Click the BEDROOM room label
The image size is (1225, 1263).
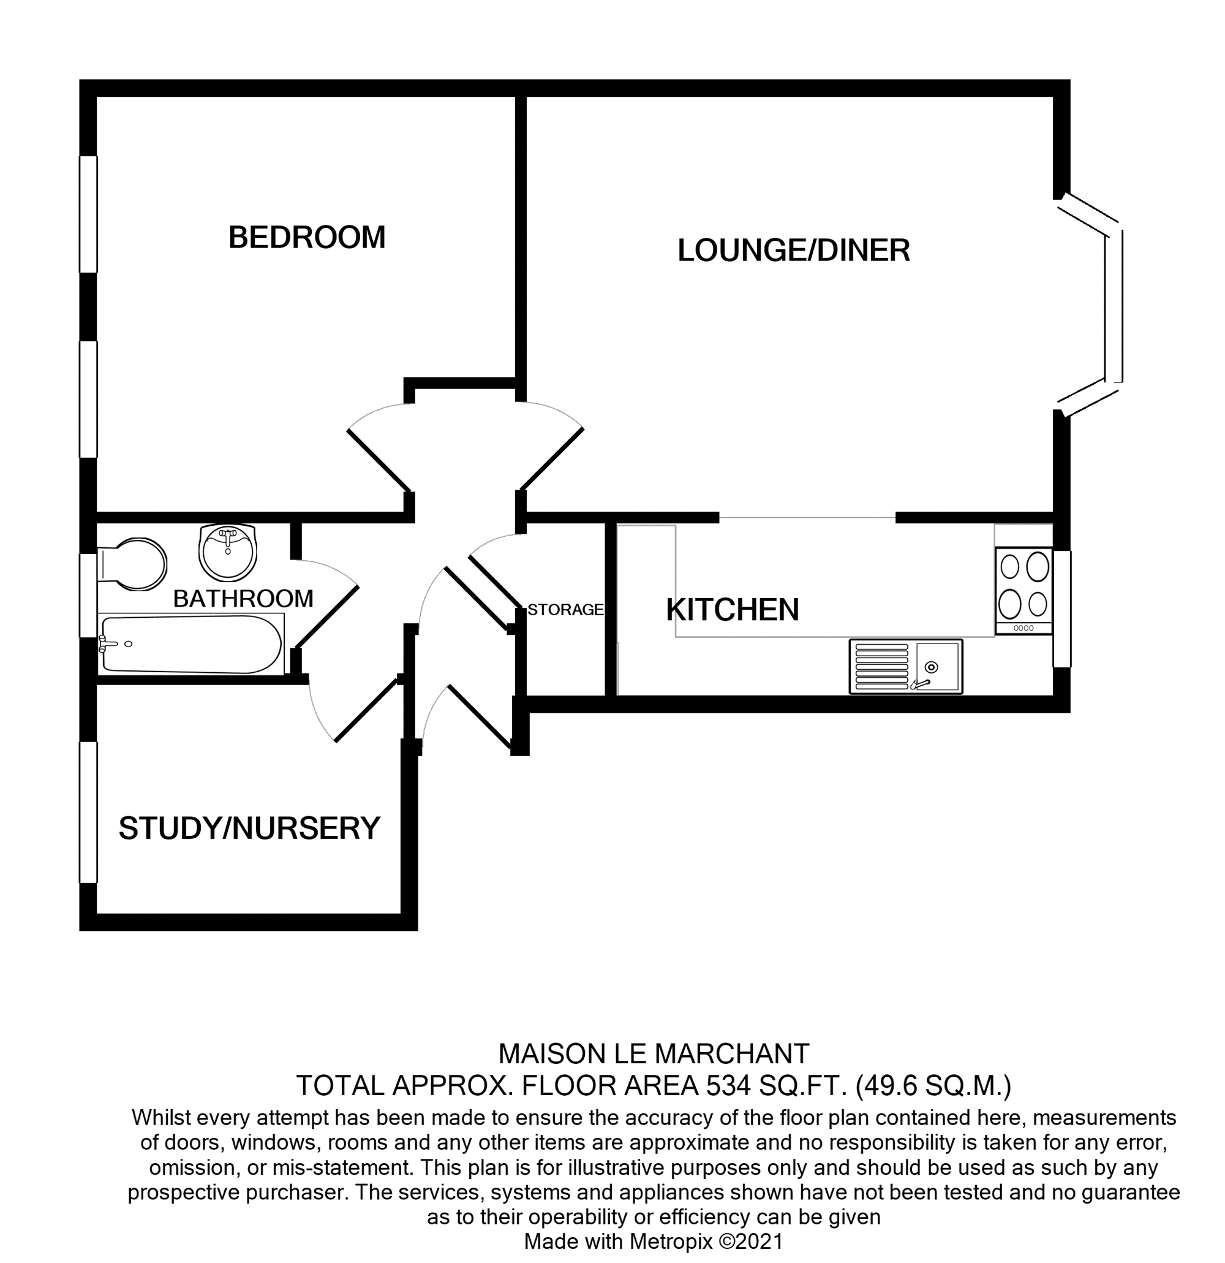[x=307, y=238]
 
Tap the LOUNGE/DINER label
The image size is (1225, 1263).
[x=793, y=251]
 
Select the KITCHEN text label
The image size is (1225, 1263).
[x=732, y=610]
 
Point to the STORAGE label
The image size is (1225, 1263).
[x=565, y=610]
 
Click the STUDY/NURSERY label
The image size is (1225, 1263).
[x=249, y=829]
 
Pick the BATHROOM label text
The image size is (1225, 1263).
[x=243, y=599]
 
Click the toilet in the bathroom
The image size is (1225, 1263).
[x=134, y=564]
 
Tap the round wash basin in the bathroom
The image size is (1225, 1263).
[x=227, y=552]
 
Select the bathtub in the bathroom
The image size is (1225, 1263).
[x=191, y=645]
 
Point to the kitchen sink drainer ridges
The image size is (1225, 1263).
[x=880, y=666]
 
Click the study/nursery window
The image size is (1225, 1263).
[x=88, y=812]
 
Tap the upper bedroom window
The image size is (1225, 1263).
[x=88, y=214]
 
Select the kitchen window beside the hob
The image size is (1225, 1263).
[x=1062, y=609]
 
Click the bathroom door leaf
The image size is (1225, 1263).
[x=326, y=617]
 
